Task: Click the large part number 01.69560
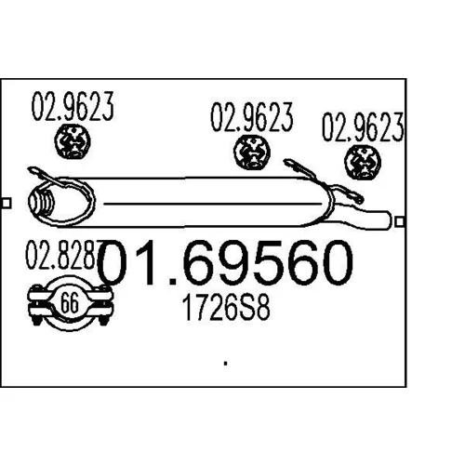[x=225, y=263]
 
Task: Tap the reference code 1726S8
[x=226, y=308]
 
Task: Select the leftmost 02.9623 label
[x=73, y=106]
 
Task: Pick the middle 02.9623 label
[x=252, y=117]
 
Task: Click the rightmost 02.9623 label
[x=364, y=127]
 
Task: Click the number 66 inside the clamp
[x=70, y=303]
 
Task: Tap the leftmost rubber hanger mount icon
[x=73, y=141]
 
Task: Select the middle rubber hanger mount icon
[x=252, y=152]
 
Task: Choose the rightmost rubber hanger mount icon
[x=363, y=163]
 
